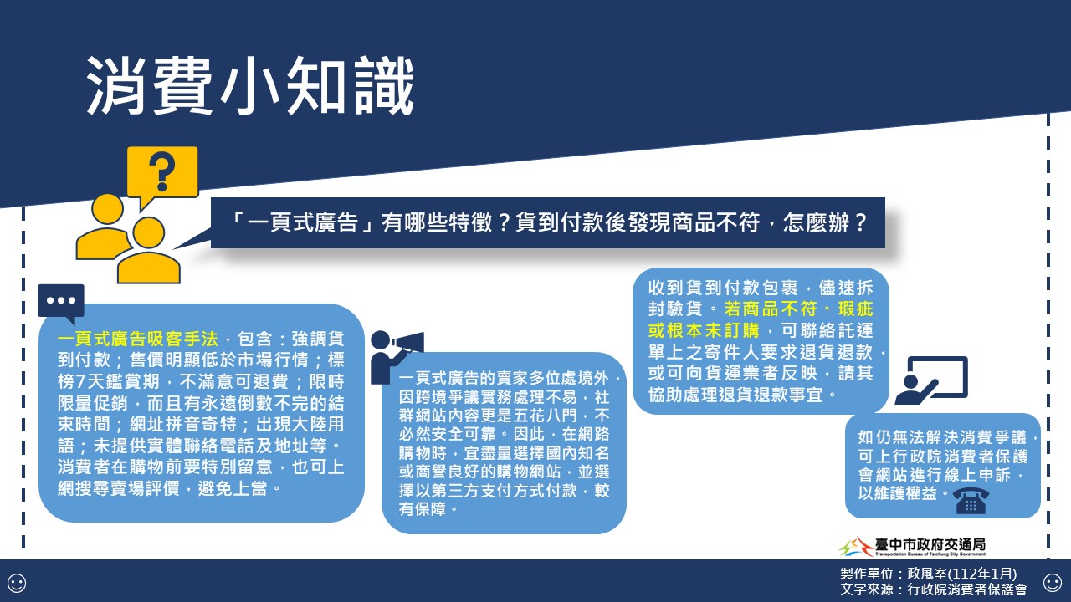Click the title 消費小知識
[x=250, y=86]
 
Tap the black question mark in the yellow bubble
[x=161, y=172]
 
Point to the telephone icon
[x=971, y=500]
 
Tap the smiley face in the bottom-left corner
[x=17, y=583]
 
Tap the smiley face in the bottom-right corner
[x=1053, y=583]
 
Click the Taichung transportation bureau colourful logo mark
[x=856, y=547]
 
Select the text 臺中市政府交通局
[x=930, y=544]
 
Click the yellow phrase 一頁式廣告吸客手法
[x=138, y=339]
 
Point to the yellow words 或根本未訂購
[x=704, y=330]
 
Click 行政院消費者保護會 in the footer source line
[x=966, y=589]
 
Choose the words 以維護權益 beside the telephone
[x=898, y=493]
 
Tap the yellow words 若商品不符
[x=771, y=309]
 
